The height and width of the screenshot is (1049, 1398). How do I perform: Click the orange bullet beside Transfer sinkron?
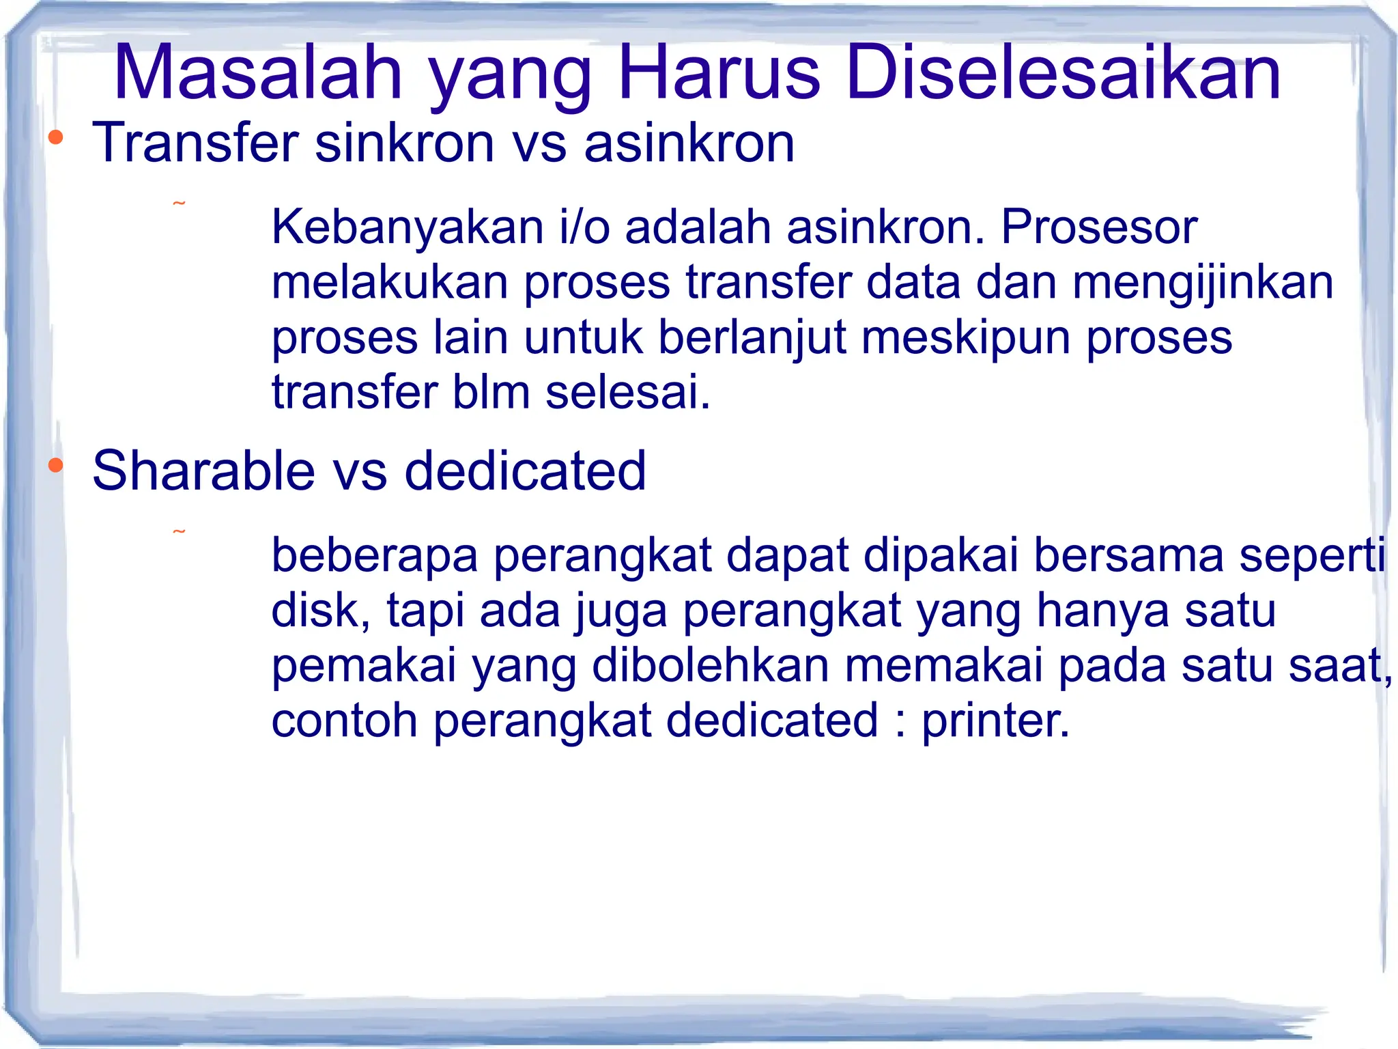pyautogui.click(x=56, y=138)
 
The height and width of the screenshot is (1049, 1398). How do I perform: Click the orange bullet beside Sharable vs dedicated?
pyautogui.click(x=56, y=466)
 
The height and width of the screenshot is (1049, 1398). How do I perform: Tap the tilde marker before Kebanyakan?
pyautogui.click(x=179, y=204)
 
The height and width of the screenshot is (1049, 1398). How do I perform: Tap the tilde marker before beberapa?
pyautogui.click(x=179, y=531)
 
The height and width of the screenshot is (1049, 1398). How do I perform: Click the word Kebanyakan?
pyautogui.click(x=407, y=227)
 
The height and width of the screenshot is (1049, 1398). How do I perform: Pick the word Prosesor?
pyautogui.click(x=1098, y=227)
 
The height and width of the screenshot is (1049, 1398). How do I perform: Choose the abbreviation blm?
pyautogui.click(x=491, y=393)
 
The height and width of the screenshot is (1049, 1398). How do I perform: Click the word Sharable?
pyautogui.click(x=203, y=471)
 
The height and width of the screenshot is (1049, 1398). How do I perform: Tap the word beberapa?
pyautogui.click(x=375, y=555)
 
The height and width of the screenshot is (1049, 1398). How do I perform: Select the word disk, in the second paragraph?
pyautogui.click(x=321, y=611)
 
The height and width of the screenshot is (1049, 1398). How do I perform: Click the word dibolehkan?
pyautogui.click(x=710, y=666)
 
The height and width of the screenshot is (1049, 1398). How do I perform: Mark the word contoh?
pyautogui.click(x=344, y=721)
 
